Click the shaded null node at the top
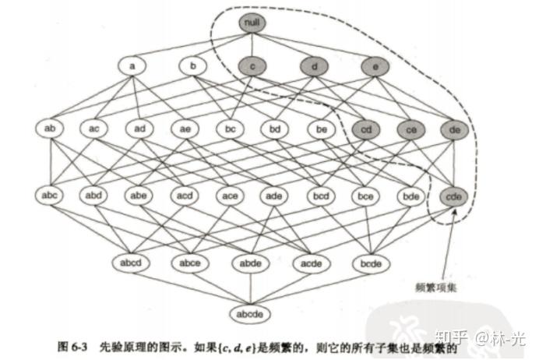coord(250,23)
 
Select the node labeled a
coord(133,66)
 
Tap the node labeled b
coord(193,66)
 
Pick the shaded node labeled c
coord(254,66)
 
